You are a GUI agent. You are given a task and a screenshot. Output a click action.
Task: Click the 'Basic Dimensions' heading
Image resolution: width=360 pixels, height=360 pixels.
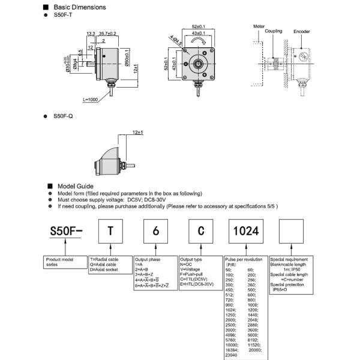(79, 7)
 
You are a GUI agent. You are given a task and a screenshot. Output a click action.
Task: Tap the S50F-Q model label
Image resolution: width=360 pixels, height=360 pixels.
(63, 115)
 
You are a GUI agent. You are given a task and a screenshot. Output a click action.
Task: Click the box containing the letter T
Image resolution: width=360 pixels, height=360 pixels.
(109, 231)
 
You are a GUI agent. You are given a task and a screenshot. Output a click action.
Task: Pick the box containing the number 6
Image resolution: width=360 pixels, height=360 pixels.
(155, 231)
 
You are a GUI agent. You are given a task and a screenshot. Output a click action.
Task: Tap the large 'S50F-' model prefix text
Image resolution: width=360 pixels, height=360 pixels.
(65, 232)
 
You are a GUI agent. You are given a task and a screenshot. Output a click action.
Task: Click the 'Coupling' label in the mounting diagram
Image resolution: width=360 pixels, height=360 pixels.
(274, 31)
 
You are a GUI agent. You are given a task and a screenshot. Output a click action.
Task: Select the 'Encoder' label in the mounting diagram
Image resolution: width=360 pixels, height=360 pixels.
(302, 31)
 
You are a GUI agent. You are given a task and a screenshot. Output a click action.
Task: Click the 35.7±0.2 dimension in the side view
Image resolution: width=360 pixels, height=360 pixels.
(107, 34)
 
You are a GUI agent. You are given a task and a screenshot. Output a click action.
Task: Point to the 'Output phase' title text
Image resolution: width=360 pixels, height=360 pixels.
(147, 259)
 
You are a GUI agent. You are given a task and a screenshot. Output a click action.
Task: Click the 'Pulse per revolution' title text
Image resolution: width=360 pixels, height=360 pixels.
(244, 259)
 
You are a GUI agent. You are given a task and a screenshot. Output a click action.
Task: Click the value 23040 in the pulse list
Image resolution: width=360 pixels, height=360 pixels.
(232, 355)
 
